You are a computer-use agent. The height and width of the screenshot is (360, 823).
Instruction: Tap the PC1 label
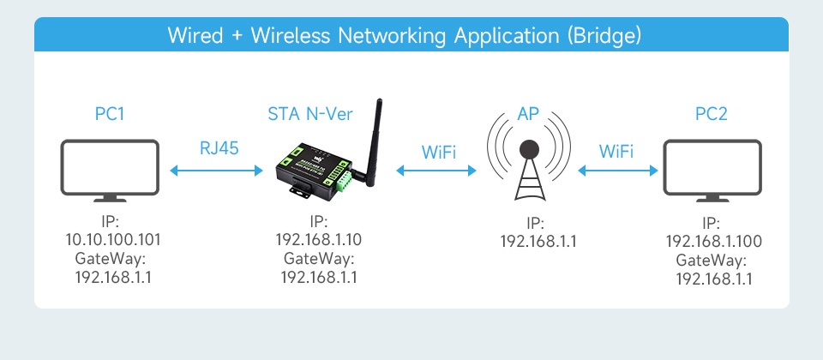(x=110, y=114)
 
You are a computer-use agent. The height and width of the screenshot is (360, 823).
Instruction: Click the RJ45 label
(x=219, y=148)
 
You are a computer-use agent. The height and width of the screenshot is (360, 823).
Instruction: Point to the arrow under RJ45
(x=216, y=170)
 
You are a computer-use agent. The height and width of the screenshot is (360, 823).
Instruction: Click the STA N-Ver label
(x=310, y=114)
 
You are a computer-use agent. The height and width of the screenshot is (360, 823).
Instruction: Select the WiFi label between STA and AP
(x=439, y=153)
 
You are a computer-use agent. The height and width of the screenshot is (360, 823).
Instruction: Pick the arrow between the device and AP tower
(x=436, y=170)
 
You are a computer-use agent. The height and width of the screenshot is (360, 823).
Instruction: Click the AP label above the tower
(x=528, y=114)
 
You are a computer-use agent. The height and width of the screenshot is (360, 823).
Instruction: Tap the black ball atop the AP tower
(x=529, y=150)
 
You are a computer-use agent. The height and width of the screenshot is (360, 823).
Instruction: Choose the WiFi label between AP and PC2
(x=616, y=152)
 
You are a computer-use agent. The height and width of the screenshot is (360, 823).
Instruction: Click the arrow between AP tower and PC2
(x=618, y=170)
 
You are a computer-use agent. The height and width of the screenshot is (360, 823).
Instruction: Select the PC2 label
(x=712, y=114)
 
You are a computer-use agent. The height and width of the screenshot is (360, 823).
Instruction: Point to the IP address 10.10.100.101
(x=113, y=240)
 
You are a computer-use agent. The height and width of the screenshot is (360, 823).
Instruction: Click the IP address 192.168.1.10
(x=319, y=239)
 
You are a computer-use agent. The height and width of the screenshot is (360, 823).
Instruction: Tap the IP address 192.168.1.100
(x=714, y=242)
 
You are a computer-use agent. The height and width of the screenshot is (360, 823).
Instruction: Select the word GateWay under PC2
(x=712, y=261)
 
